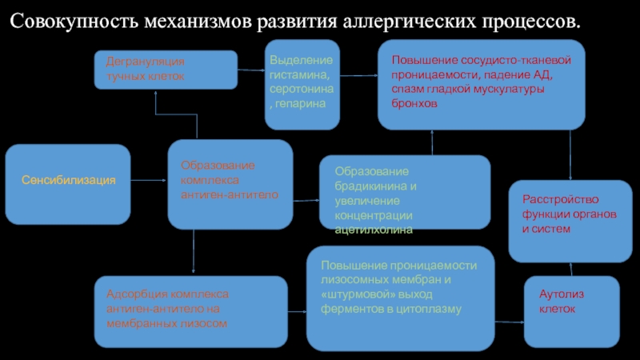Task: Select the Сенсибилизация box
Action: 68,182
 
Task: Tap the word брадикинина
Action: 370,186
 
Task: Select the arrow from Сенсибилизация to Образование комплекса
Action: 149,182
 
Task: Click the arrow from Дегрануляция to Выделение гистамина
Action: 251,70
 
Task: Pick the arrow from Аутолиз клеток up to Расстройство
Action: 570,270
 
